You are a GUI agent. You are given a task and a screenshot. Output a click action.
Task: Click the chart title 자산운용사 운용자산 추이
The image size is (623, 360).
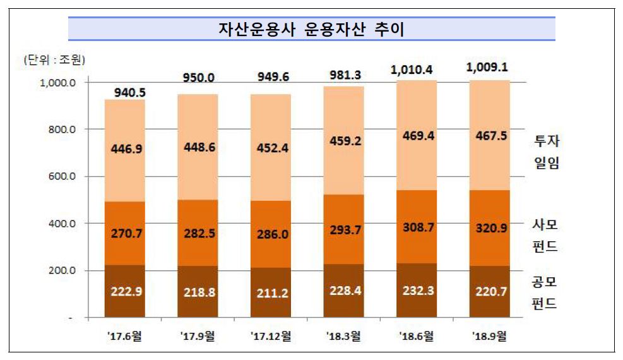pos(311,28)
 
